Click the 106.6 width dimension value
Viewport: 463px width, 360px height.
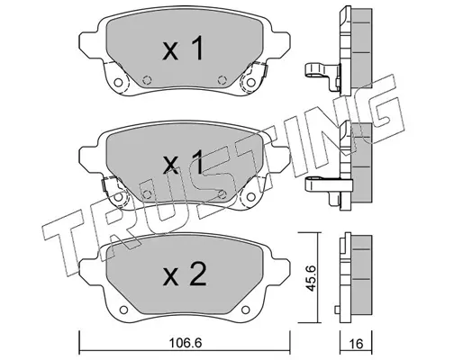185,343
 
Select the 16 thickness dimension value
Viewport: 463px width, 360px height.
357,344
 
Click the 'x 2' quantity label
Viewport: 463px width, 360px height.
185,274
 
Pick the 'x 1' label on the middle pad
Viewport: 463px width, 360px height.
183,162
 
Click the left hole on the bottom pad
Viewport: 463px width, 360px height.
123,310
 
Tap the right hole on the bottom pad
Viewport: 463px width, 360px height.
246,310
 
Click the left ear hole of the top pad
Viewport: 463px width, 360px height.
119,83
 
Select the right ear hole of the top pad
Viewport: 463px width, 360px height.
250,82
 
